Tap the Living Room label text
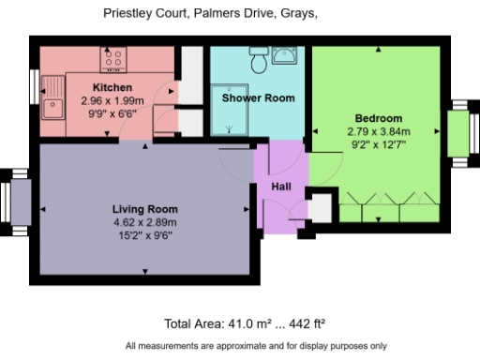tap(144, 208)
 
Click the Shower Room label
tap(258, 97)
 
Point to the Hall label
tap(281, 187)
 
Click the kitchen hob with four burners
tap(114, 60)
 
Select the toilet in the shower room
tap(258, 61)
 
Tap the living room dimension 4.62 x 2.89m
tap(144, 222)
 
